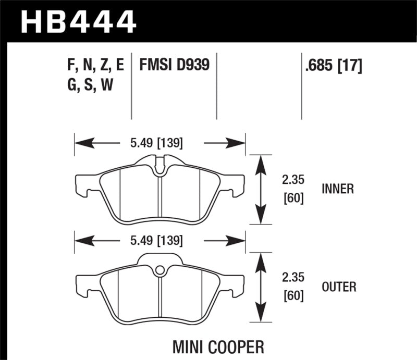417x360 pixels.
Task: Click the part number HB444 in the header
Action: tap(78, 21)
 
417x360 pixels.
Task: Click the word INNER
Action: tap(337, 189)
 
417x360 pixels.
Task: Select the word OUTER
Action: tap(339, 287)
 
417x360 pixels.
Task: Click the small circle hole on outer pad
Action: tap(161, 270)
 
